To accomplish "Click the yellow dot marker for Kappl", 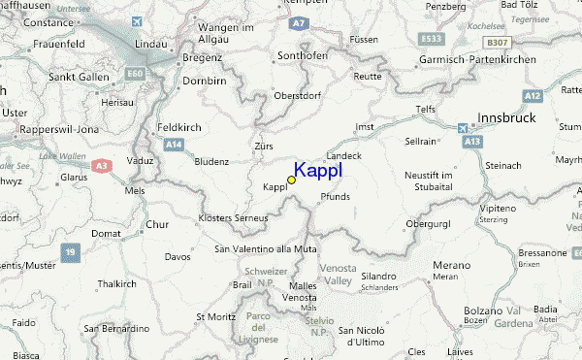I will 291,180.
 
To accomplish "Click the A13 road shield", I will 473,142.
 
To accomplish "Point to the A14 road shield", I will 174,145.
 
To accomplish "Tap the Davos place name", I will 178,257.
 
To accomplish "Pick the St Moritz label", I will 216,316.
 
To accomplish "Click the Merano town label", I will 450,264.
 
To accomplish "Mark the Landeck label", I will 343,155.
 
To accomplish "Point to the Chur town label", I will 157,225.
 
